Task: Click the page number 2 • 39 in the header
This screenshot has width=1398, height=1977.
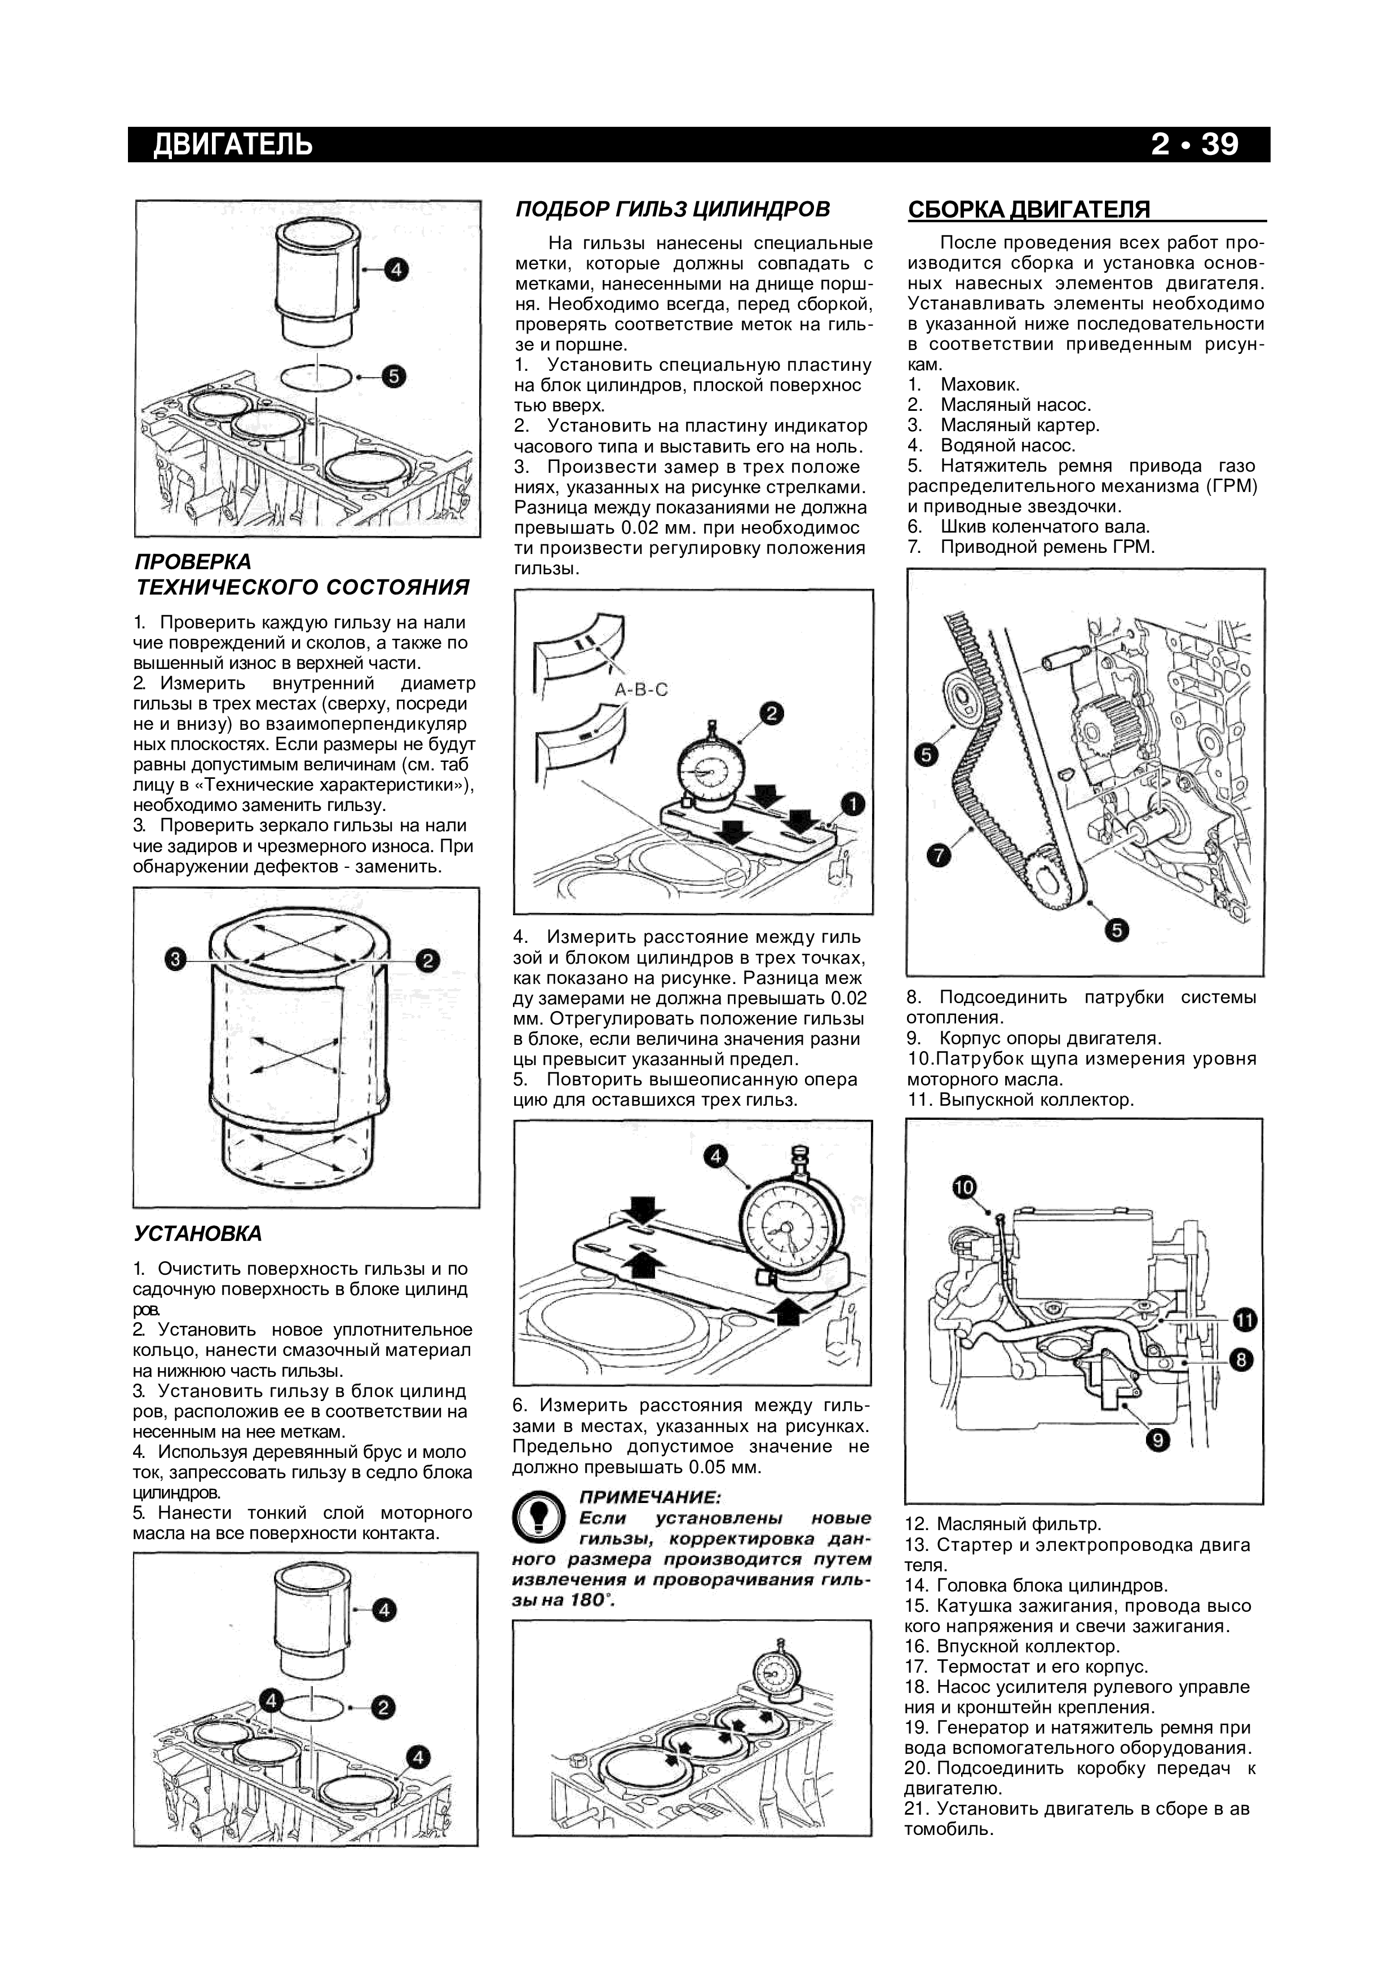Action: point(1194,144)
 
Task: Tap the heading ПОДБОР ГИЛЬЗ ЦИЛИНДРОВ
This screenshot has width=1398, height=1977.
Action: point(672,209)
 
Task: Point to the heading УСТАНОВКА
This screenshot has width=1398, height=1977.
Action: point(197,1234)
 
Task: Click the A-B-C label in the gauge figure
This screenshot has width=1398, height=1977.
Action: point(641,690)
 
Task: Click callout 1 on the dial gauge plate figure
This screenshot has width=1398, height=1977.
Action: point(853,804)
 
